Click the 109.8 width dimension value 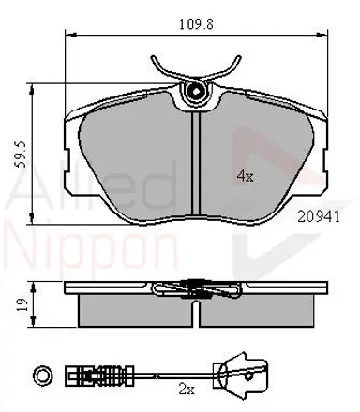(196, 24)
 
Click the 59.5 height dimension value (22, 154)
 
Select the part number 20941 (319, 216)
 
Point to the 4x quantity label (245, 177)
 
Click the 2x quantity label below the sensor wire (187, 390)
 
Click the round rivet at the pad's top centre (196, 92)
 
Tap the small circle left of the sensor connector (42, 375)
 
